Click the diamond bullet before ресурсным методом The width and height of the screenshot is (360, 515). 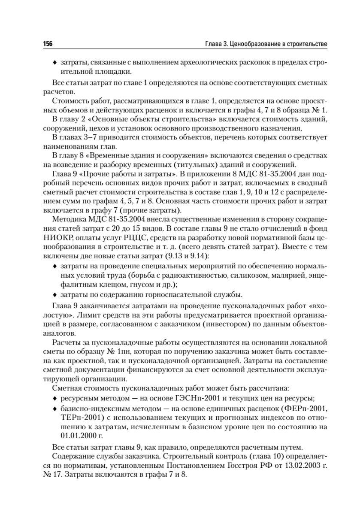point(54,397)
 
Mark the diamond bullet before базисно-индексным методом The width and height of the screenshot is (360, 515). point(54,407)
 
